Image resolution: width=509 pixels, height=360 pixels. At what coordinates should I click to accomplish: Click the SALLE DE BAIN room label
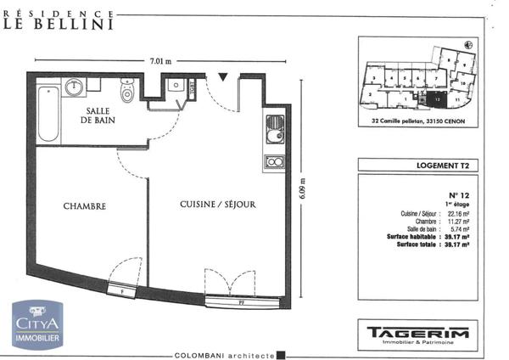(100, 116)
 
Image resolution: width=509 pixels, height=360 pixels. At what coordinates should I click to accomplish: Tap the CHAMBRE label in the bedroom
(84, 206)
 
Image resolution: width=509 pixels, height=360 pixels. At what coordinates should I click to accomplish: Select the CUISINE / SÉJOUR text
(217, 205)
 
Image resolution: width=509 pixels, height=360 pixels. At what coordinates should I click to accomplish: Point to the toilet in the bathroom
(128, 90)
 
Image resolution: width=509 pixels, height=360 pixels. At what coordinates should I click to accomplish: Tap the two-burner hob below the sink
(274, 160)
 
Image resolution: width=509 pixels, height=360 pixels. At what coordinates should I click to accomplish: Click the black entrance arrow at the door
(222, 77)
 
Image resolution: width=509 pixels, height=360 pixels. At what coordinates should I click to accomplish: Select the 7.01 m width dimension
(160, 61)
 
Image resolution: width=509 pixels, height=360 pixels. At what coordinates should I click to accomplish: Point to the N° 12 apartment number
(457, 196)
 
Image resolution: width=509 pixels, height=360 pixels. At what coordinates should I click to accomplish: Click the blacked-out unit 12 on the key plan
(436, 98)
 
